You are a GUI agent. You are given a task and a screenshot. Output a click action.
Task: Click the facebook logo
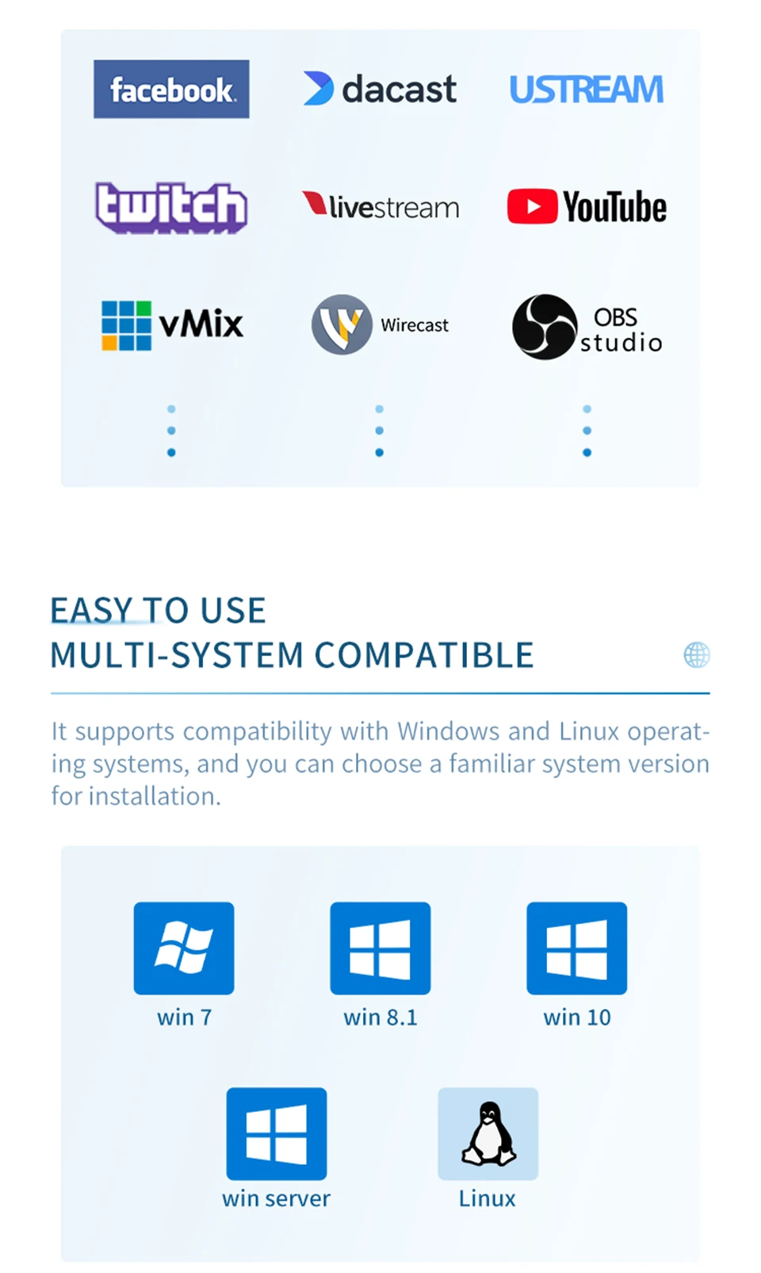(171, 90)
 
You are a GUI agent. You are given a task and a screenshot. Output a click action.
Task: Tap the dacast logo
(380, 89)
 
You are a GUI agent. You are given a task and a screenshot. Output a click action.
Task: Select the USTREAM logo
(586, 90)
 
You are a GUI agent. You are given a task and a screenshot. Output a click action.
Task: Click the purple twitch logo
(171, 208)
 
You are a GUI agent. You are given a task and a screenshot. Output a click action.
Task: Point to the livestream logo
(380, 206)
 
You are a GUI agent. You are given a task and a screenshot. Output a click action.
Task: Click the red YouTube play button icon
(532, 206)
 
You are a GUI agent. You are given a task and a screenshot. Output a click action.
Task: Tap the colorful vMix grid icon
(126, 325)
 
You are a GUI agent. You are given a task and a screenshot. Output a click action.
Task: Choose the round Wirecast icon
(342, 324)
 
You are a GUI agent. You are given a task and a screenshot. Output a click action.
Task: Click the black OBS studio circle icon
(545, 327)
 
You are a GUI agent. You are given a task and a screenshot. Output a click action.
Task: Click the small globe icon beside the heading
(697, 655)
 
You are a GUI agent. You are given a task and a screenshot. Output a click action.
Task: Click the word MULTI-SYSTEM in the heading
(177, 655)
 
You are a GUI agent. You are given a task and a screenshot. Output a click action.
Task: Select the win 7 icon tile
(184, 948)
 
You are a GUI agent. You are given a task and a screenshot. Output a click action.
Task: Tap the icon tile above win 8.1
(380, 948)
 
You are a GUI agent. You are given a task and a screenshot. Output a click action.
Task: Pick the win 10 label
(577, 1018)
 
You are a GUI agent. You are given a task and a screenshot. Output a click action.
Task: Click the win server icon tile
(277, 1133)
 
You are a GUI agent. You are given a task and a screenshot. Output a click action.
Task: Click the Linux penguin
(488, 1133)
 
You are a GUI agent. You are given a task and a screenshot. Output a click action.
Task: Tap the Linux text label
(487, 1198)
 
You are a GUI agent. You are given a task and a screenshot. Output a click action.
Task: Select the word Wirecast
(415, 325)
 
